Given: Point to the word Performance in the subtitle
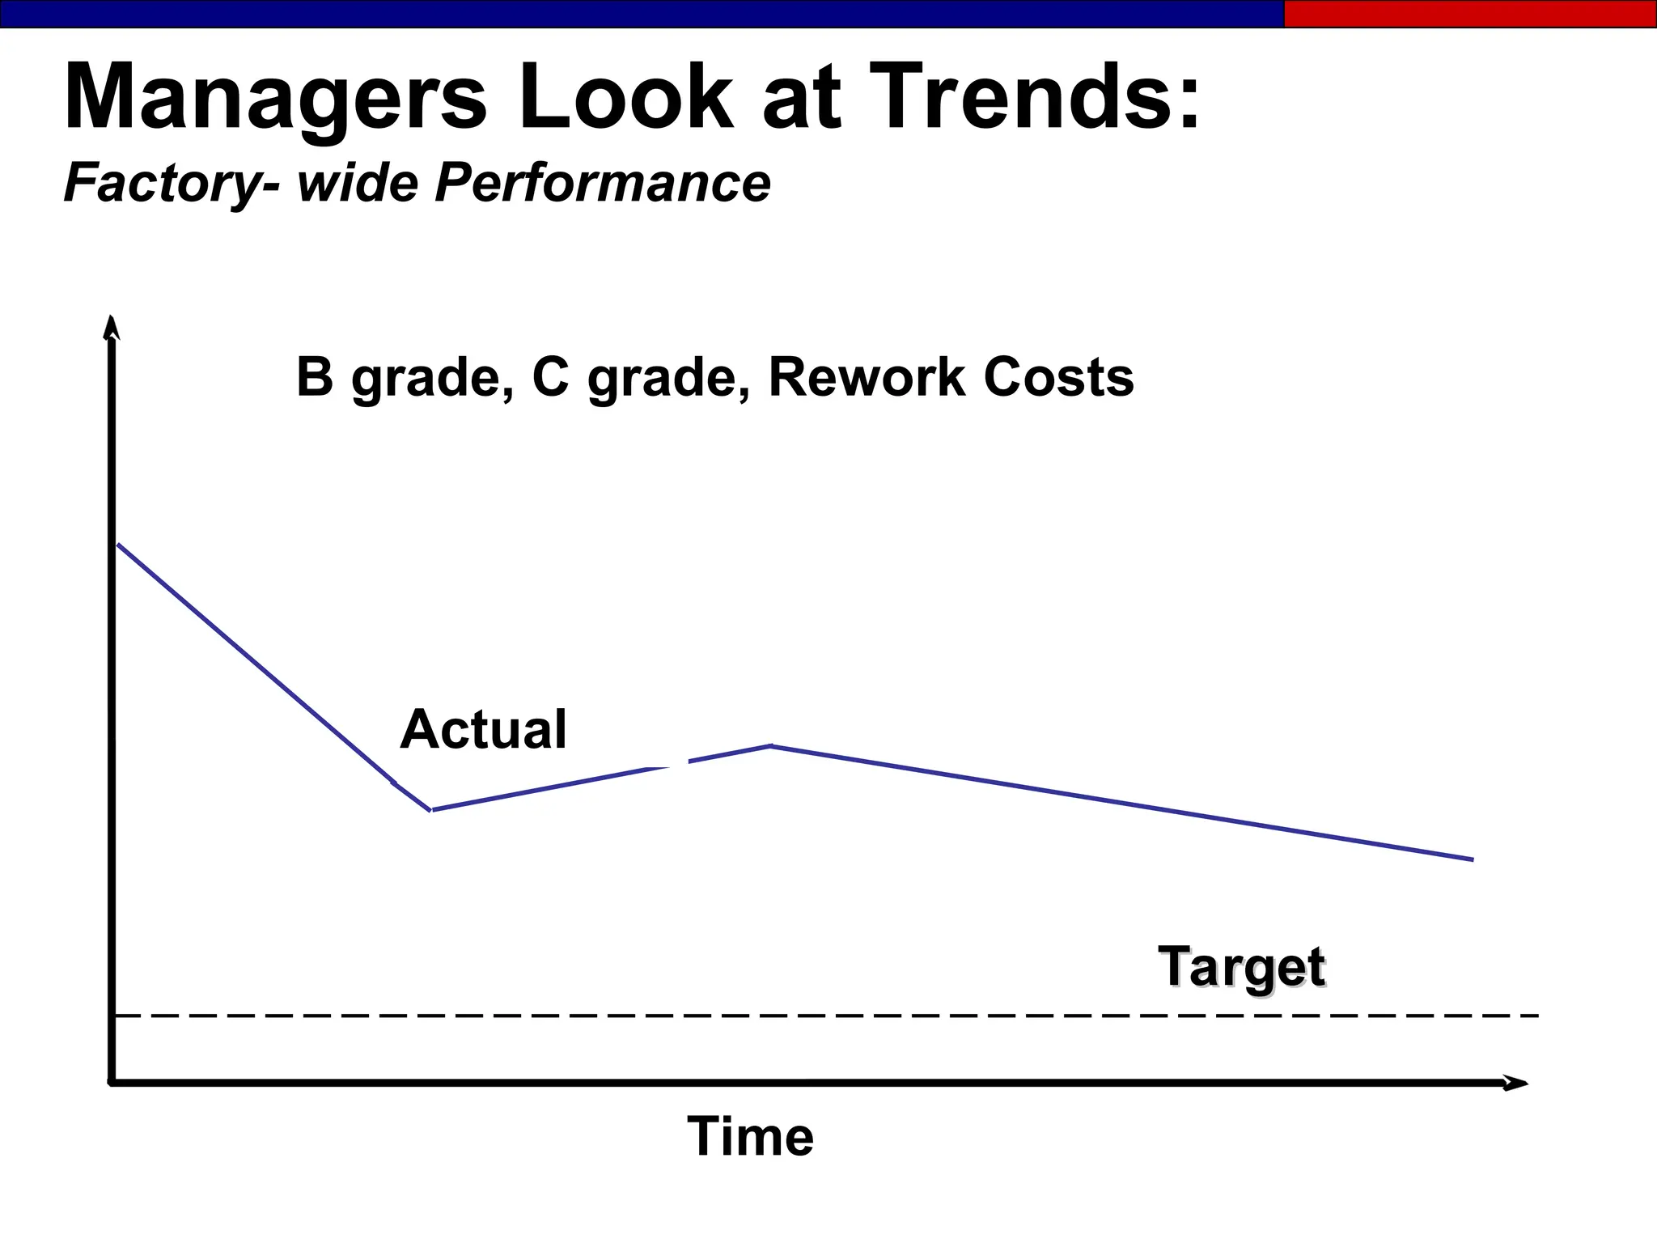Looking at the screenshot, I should [x=602, y=183].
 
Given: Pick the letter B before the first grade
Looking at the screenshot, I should [x=315, y=377].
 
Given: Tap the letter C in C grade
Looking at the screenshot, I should [x=551, y=377].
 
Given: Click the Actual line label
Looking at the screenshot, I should [x=483, y=729].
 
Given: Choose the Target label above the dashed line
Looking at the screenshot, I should [x=1241, y=966].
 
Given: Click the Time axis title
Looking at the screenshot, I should [x=750, y=1136].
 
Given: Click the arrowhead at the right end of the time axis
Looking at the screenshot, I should [x=1516, y=1083].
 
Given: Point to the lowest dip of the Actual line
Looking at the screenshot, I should [x=431, y=809].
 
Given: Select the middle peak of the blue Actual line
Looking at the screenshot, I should [x=772, y=745].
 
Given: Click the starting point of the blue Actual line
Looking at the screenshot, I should [x=119, y=545].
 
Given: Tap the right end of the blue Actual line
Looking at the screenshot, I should [x=1472, y=859].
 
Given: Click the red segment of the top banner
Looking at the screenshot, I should [x=1469, y=14].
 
